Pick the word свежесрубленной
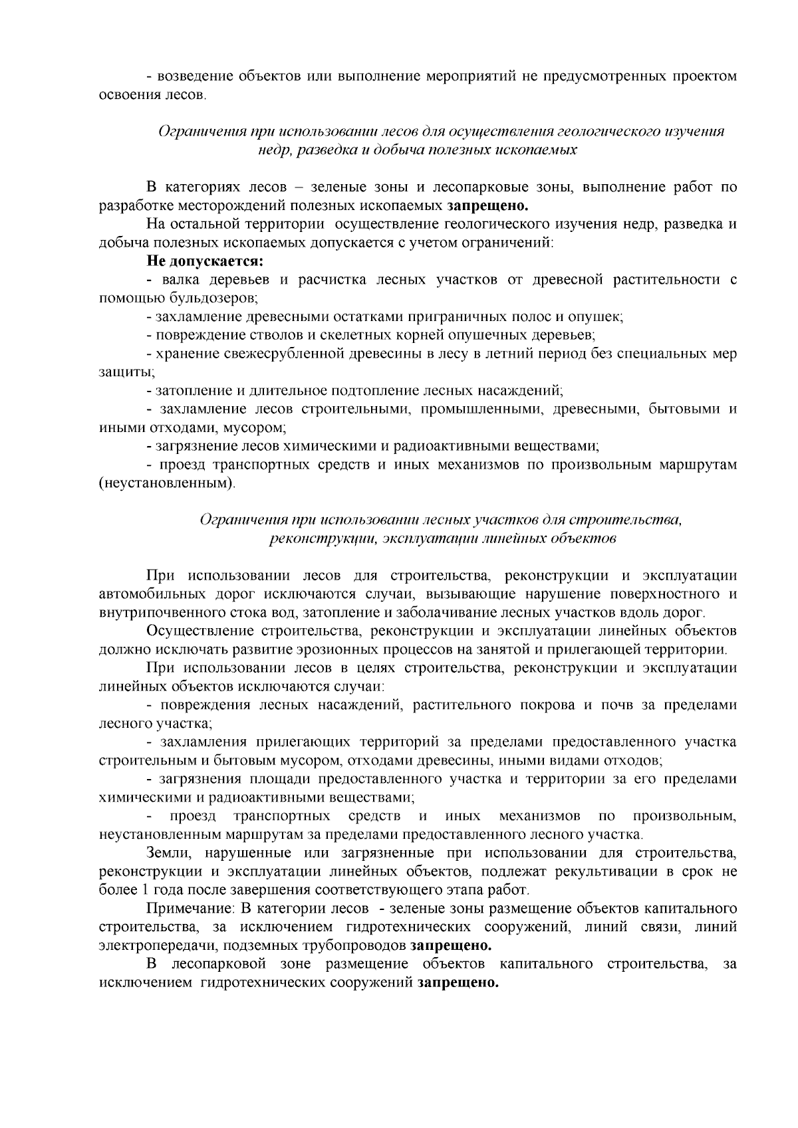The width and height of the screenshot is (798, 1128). click(x=274, y=354)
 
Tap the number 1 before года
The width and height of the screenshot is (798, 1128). click(x=132, y=889)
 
